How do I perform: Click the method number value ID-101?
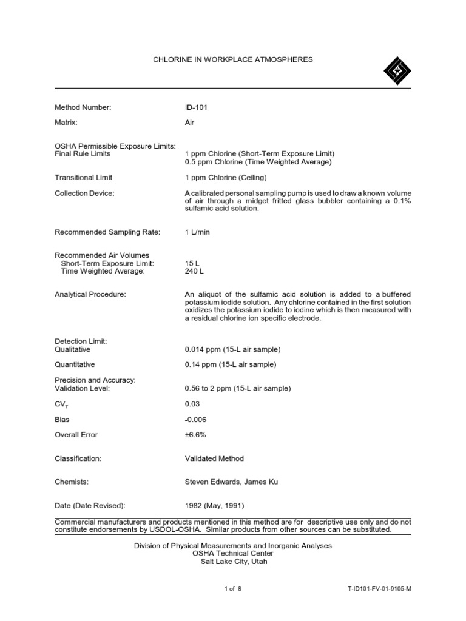click(198, 107)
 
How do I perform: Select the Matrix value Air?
click(189, 123)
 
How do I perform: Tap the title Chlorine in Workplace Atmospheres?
click(233, 59)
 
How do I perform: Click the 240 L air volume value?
click(194, 271)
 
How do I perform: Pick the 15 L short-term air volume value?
click(192, 263)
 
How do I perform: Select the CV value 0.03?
click(192, 404)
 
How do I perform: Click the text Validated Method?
click(214, 458)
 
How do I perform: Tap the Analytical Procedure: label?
click(90, 294)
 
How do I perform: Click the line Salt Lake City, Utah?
click(233, 562)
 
